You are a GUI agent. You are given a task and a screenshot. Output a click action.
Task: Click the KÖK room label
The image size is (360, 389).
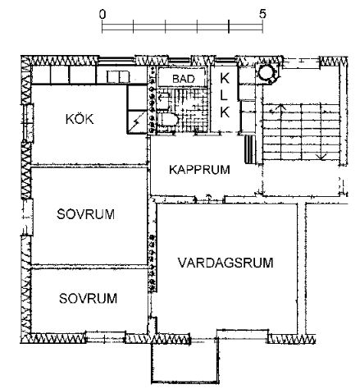[80, 119]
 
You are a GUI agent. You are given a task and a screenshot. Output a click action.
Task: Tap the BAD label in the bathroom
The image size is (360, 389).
[184, 79]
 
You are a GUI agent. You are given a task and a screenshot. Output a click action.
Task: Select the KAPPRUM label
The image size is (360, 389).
[199, 170]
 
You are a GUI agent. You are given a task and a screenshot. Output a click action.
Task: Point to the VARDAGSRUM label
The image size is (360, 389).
[226, 263]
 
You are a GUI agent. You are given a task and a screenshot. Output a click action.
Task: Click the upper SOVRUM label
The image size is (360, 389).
[85, 214]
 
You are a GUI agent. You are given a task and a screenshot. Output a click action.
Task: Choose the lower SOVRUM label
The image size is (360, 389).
[88, 298]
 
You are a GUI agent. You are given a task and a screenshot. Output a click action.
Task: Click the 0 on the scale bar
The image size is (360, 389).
[103, 14]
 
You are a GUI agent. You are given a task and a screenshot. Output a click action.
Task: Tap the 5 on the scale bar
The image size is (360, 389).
[262, 14]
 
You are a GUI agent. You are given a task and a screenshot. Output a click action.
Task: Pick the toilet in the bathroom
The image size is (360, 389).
[167, 120]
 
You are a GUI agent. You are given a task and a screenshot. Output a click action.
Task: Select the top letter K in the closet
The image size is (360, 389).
[225, 79]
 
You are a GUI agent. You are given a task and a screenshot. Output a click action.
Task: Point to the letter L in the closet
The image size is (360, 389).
[224, 95]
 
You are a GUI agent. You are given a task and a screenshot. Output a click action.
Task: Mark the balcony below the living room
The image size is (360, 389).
[185, 361]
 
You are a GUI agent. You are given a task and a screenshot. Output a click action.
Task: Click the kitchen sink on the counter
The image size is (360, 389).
[118, 76]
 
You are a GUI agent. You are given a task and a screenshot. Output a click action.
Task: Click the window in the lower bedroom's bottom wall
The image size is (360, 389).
[106, 338]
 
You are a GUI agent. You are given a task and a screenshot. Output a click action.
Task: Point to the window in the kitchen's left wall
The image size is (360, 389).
[29, 123]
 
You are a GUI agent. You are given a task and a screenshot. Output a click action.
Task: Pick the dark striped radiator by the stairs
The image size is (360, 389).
[249, 149]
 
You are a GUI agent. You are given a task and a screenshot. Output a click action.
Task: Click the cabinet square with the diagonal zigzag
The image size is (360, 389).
[137, 121]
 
